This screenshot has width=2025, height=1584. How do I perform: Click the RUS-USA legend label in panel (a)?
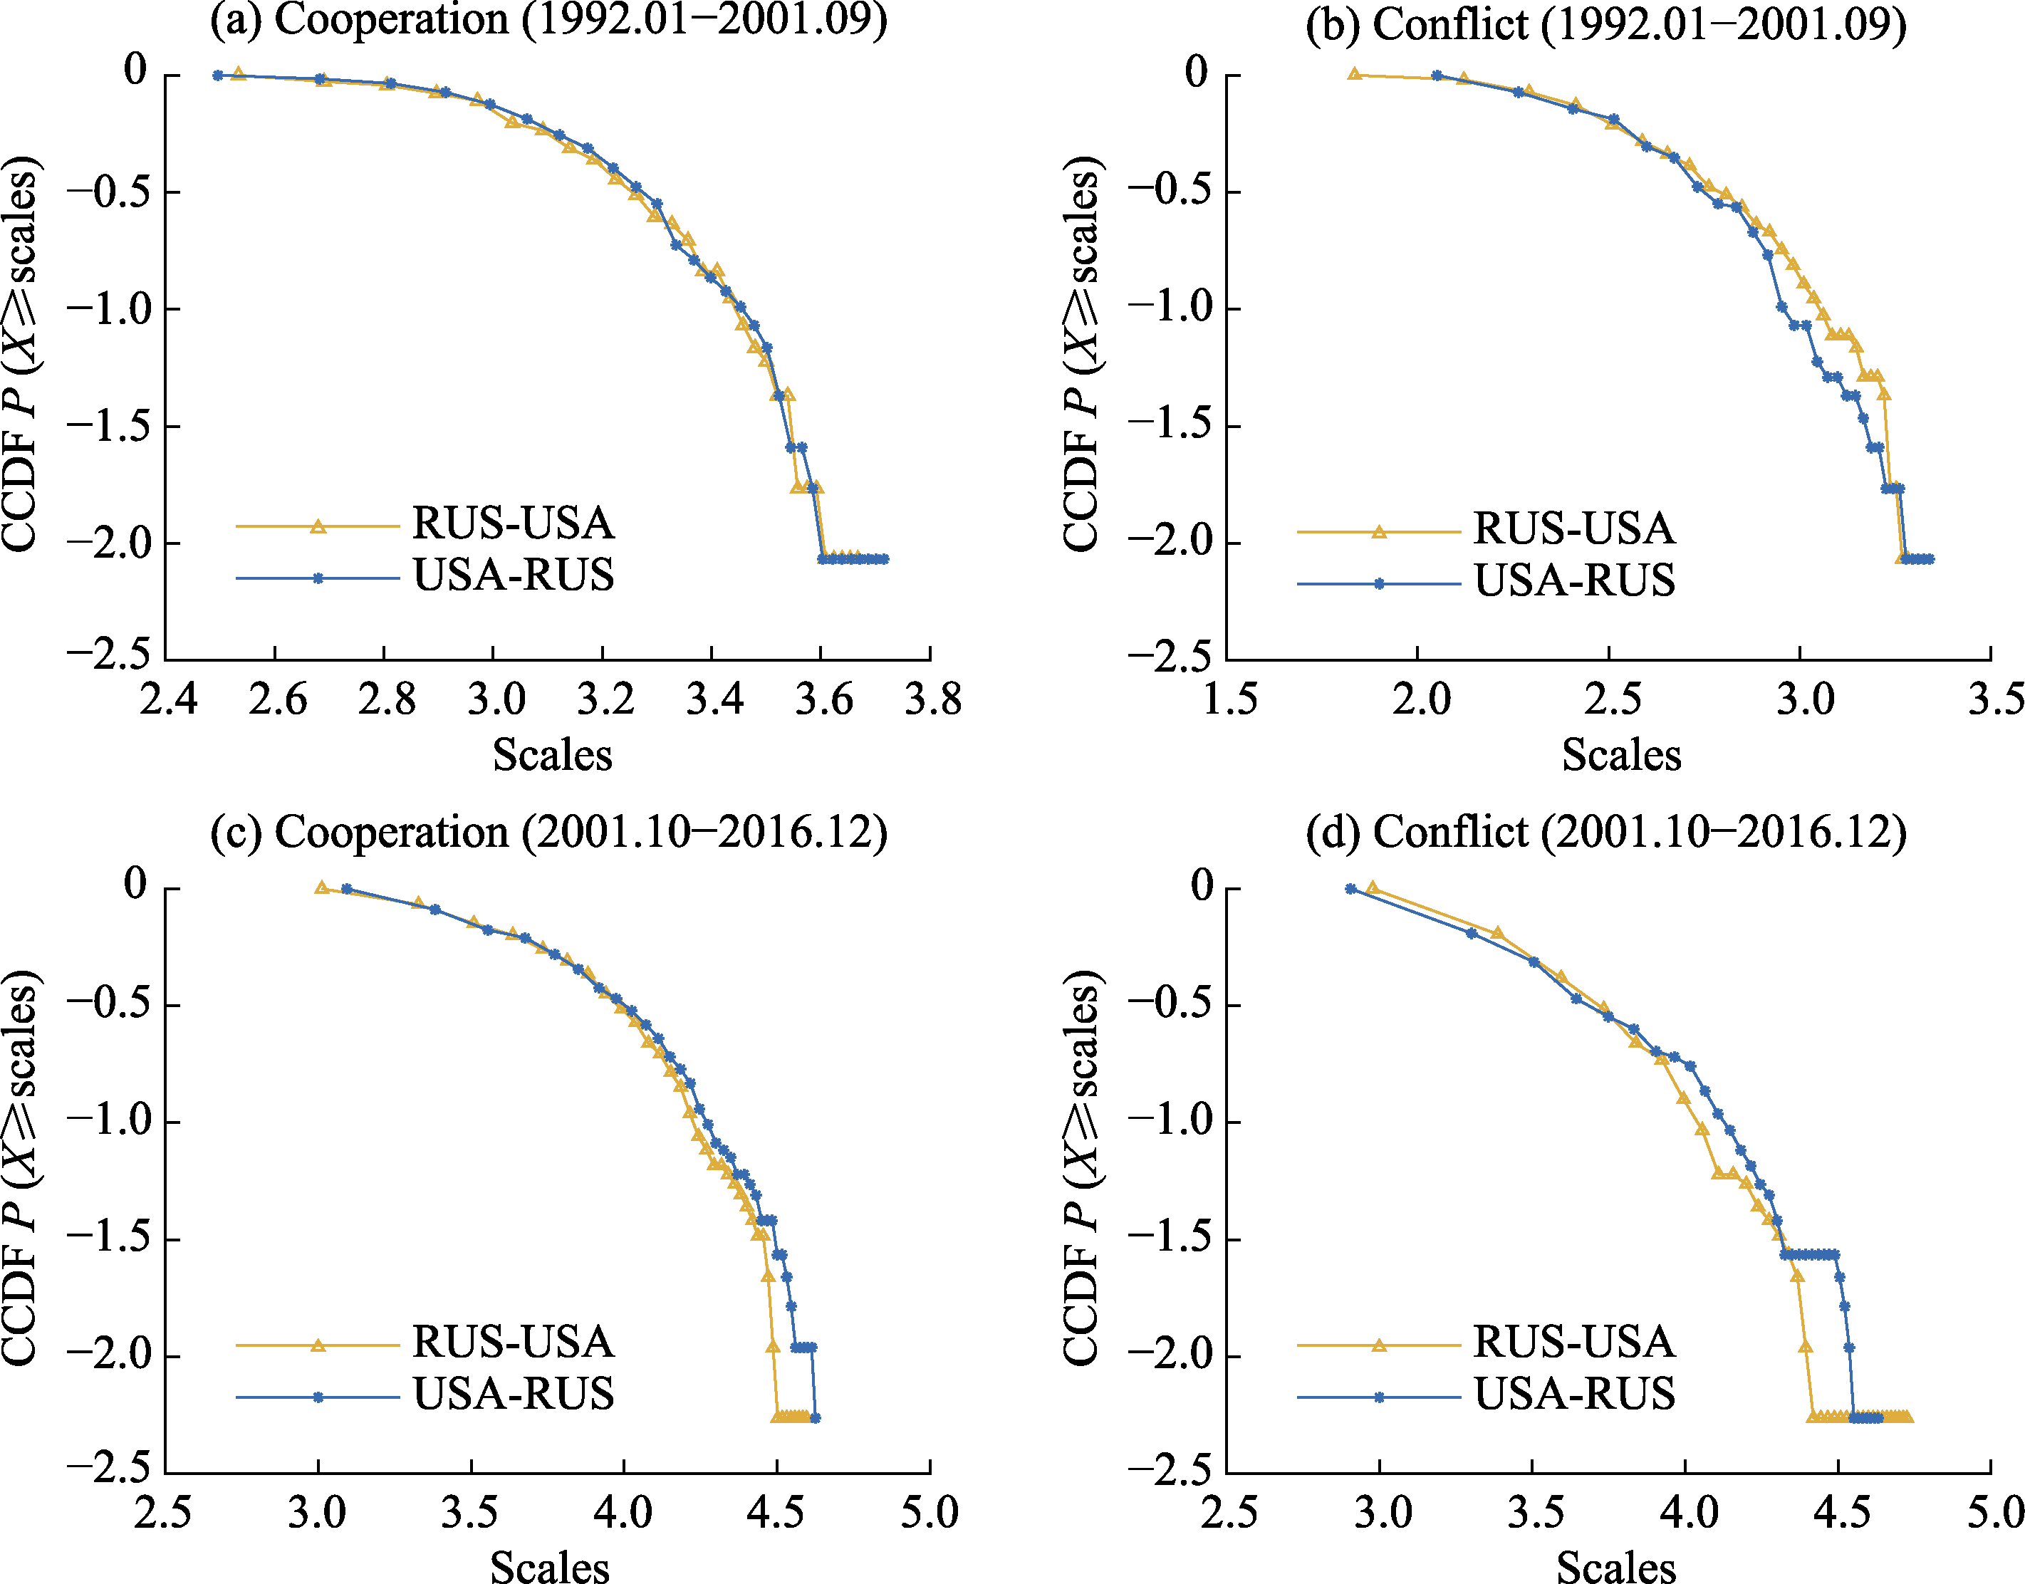point(513,524)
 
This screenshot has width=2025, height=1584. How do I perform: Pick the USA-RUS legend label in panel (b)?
point(1574,580)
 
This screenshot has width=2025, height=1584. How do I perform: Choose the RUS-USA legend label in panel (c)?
point(513,1342)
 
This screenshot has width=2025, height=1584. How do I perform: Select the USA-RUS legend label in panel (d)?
point(1574,1394)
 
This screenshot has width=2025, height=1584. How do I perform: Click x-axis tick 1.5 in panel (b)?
point(1230,698)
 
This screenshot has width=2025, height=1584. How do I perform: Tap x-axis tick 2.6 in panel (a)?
point(277,698)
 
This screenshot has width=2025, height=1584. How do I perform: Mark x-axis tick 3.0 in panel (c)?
point(317,1513)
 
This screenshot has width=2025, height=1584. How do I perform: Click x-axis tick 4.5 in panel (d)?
point(1841,1513)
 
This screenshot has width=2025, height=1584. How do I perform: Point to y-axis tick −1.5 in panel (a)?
point(107,426)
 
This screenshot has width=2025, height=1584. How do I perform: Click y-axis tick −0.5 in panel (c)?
point(107,1005)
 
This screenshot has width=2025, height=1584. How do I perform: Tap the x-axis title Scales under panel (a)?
point(553,755)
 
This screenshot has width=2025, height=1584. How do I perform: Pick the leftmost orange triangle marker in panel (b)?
point(1355,73)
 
